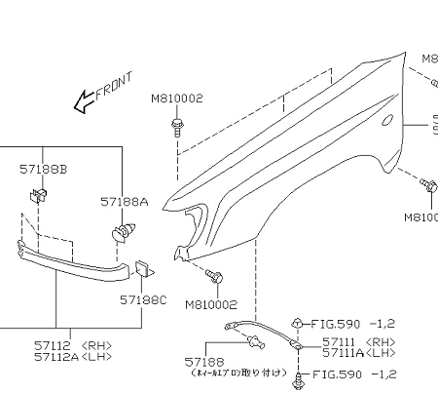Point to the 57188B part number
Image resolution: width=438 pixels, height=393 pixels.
click(x=44, y=170)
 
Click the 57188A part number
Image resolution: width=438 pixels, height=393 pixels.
click(x=125, y=202)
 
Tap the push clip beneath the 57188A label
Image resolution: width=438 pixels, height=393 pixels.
click(x=124, y=233)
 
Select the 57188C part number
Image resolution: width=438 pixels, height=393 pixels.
click(x=144, y=300)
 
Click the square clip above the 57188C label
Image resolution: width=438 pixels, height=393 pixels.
click(x=141, y=267)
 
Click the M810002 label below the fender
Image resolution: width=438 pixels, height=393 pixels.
click(x=212, y=304)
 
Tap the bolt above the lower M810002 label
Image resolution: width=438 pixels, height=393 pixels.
click(x=215, y=278)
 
